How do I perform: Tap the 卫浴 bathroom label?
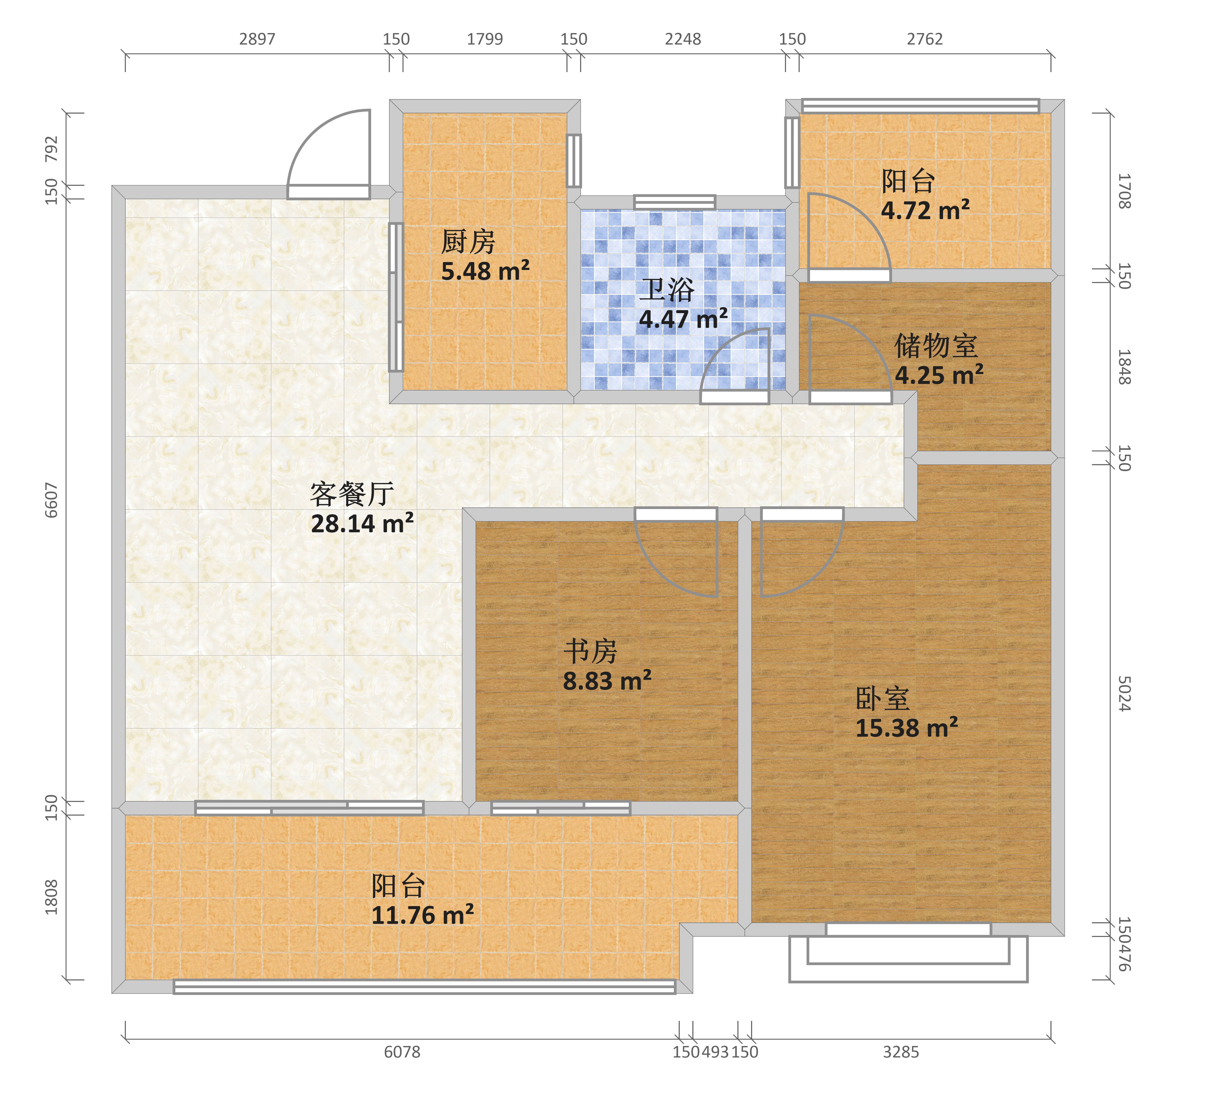tap(667, 290)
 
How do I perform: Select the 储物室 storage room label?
tap(936, 346)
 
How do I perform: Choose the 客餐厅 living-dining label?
tap(352, 495)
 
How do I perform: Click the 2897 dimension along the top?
tap(257, 39)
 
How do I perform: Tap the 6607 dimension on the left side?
tap(52, 500)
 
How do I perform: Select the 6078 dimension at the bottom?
tap(402, 1052)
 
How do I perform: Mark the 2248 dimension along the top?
tap(683, 39)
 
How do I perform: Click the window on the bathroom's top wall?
tap(675, 202)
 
